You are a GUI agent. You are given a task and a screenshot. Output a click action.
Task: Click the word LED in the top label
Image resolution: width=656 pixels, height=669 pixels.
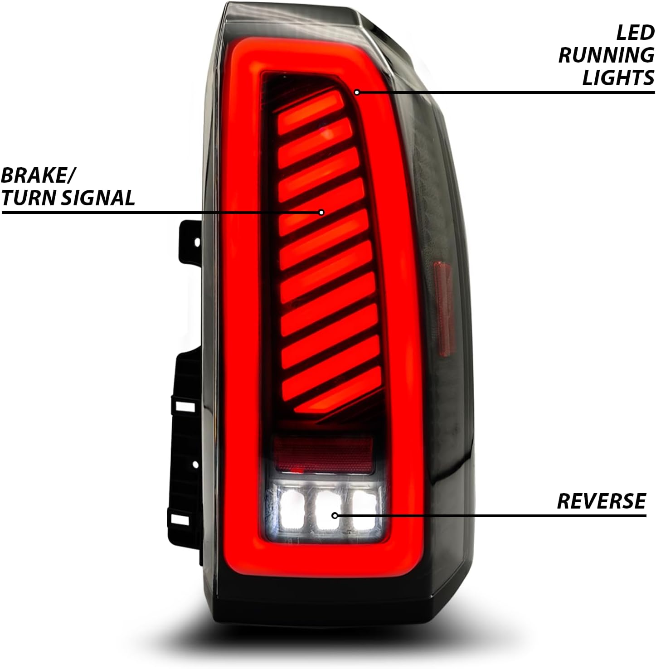point(635,33)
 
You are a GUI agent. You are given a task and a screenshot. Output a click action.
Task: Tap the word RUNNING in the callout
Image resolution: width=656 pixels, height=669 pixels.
point(606,55)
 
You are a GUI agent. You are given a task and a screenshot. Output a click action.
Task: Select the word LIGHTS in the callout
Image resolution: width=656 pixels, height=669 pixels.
point(618,78)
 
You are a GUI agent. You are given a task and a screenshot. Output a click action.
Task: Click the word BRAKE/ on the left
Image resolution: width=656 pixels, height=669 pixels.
point(39,175)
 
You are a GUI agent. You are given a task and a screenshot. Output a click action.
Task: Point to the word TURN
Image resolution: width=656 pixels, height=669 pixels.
point(29,198)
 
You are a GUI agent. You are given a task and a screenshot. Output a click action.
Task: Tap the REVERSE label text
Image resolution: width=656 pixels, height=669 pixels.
point(601,501)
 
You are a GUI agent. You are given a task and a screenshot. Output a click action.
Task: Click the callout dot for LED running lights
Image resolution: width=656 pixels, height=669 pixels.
point(357,92)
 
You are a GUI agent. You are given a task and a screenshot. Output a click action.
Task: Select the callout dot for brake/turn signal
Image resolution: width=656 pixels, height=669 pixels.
point(321,212)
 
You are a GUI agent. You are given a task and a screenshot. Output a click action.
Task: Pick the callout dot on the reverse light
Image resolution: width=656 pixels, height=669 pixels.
point(335,515)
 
